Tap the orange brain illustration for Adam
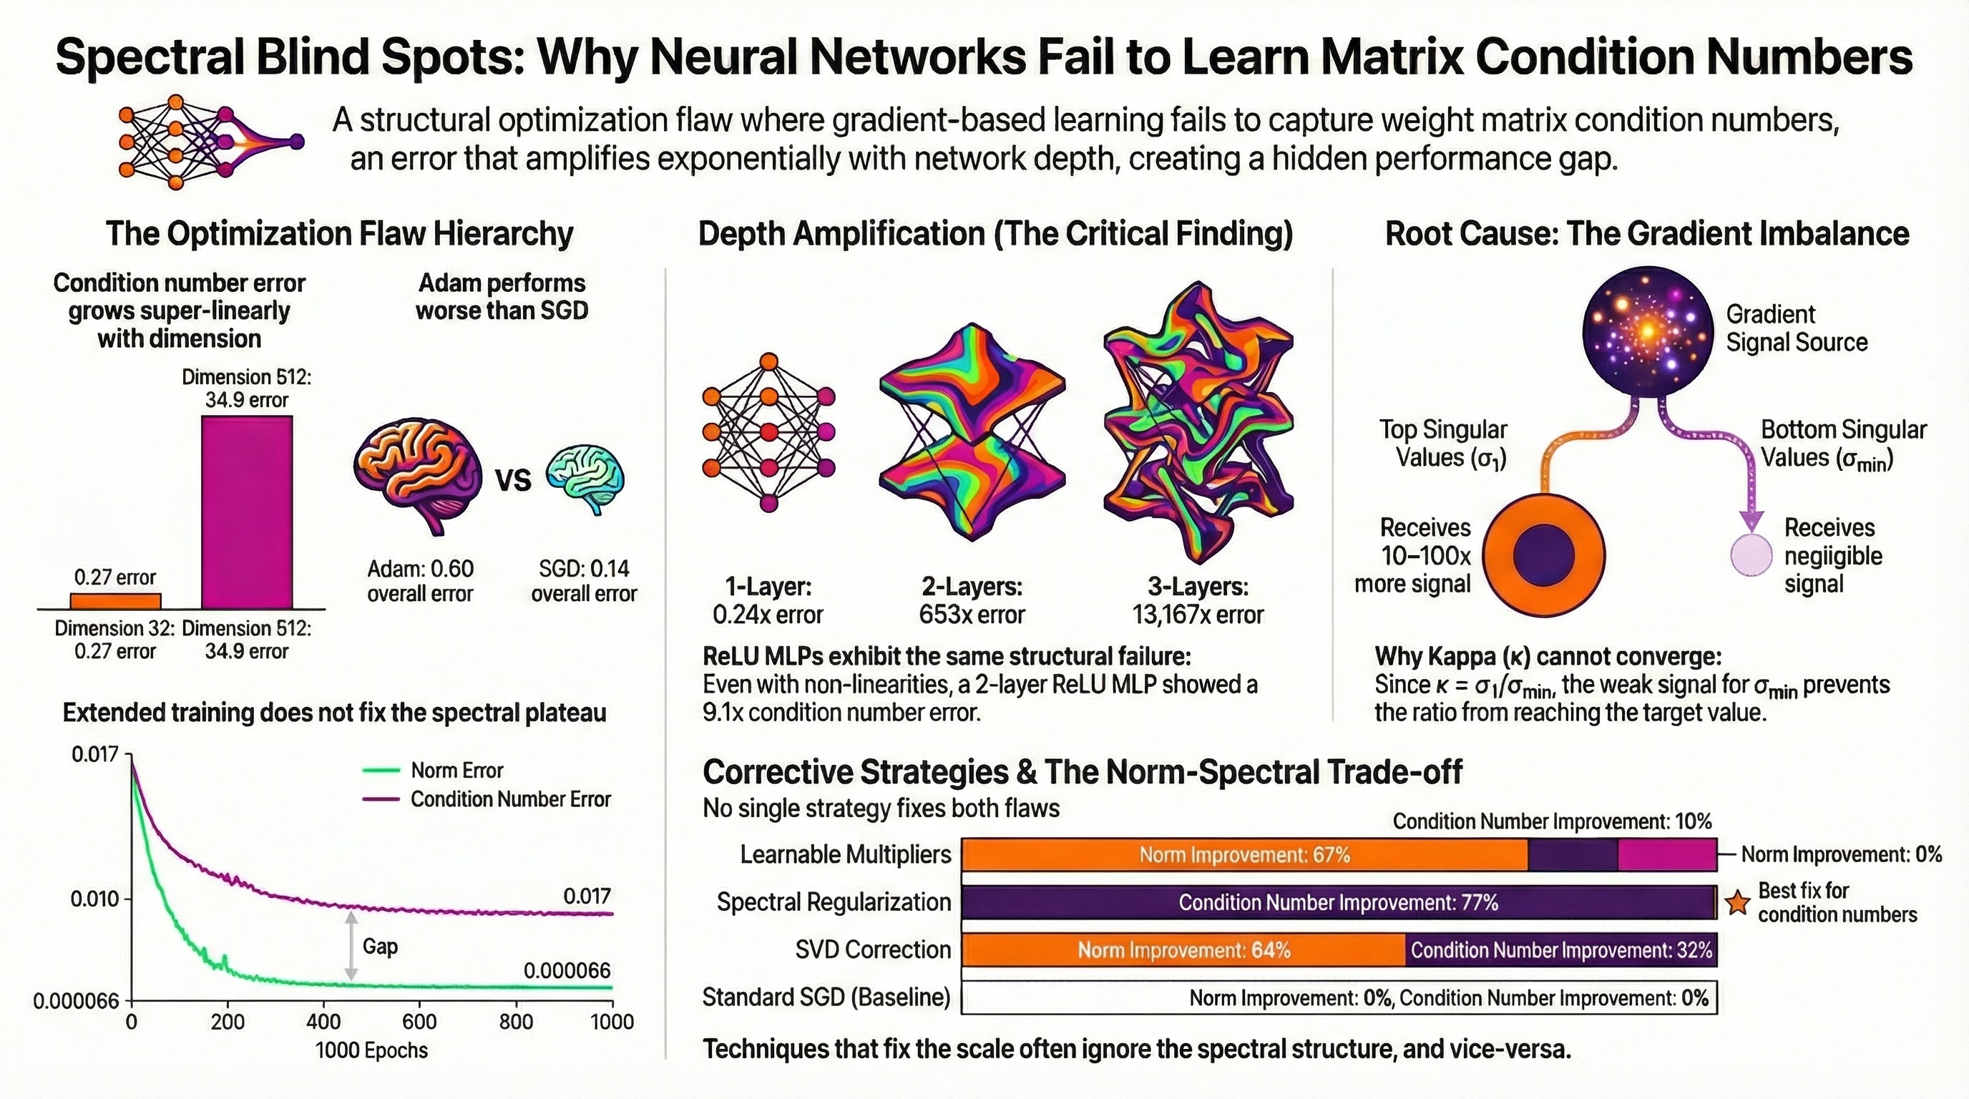tap(417, 474)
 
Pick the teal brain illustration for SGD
tap(585, 479)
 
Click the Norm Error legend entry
tap(456, 771)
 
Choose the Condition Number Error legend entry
tap(510, 799)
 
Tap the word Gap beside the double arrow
tap(380, 946)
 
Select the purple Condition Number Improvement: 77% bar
tap(1338, 902)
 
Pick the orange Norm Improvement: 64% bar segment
tap(1183, 950)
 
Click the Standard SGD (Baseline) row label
tap(826, 997)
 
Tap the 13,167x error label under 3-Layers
tap(1198, 615)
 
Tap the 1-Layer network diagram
tap(768, 432)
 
